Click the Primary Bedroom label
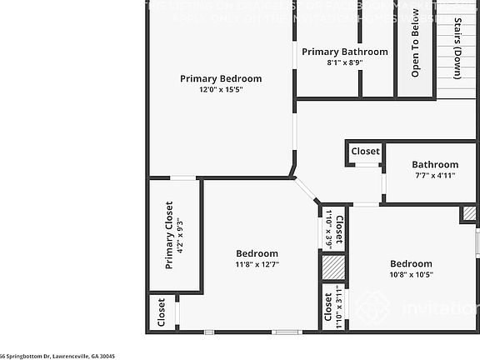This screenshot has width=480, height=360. [x=221, y=79]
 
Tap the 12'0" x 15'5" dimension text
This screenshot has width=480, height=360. [x=221, y=90]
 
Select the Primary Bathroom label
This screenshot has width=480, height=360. [x=344, y=52]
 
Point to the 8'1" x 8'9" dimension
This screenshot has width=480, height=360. [x=344, y=62]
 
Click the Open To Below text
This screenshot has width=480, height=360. [x=415, y=47]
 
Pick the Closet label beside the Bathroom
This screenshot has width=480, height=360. [x=365, y=152]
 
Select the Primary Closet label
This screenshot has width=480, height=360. [x=169, y=234]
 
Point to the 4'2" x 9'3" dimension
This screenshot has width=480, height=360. [x=179, y=234]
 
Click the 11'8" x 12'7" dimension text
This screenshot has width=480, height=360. [x=257, y=265]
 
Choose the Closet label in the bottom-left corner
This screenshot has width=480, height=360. [x=162, y=314]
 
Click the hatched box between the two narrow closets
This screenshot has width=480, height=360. [x=333, y=267]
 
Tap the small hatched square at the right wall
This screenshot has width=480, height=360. [x=469, y=214]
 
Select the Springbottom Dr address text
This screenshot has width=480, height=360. [x=58, y=356]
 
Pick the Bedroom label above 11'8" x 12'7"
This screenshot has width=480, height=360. [x=257, y=253]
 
